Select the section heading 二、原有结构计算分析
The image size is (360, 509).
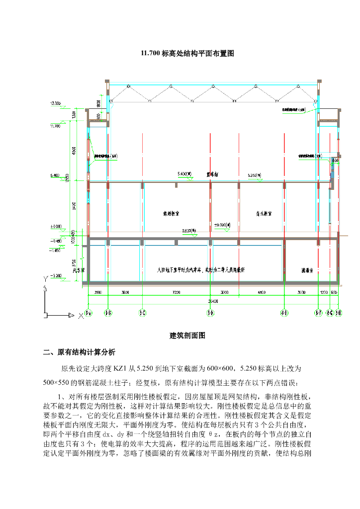point(79,352)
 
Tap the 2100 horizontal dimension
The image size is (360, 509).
point(97,293)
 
